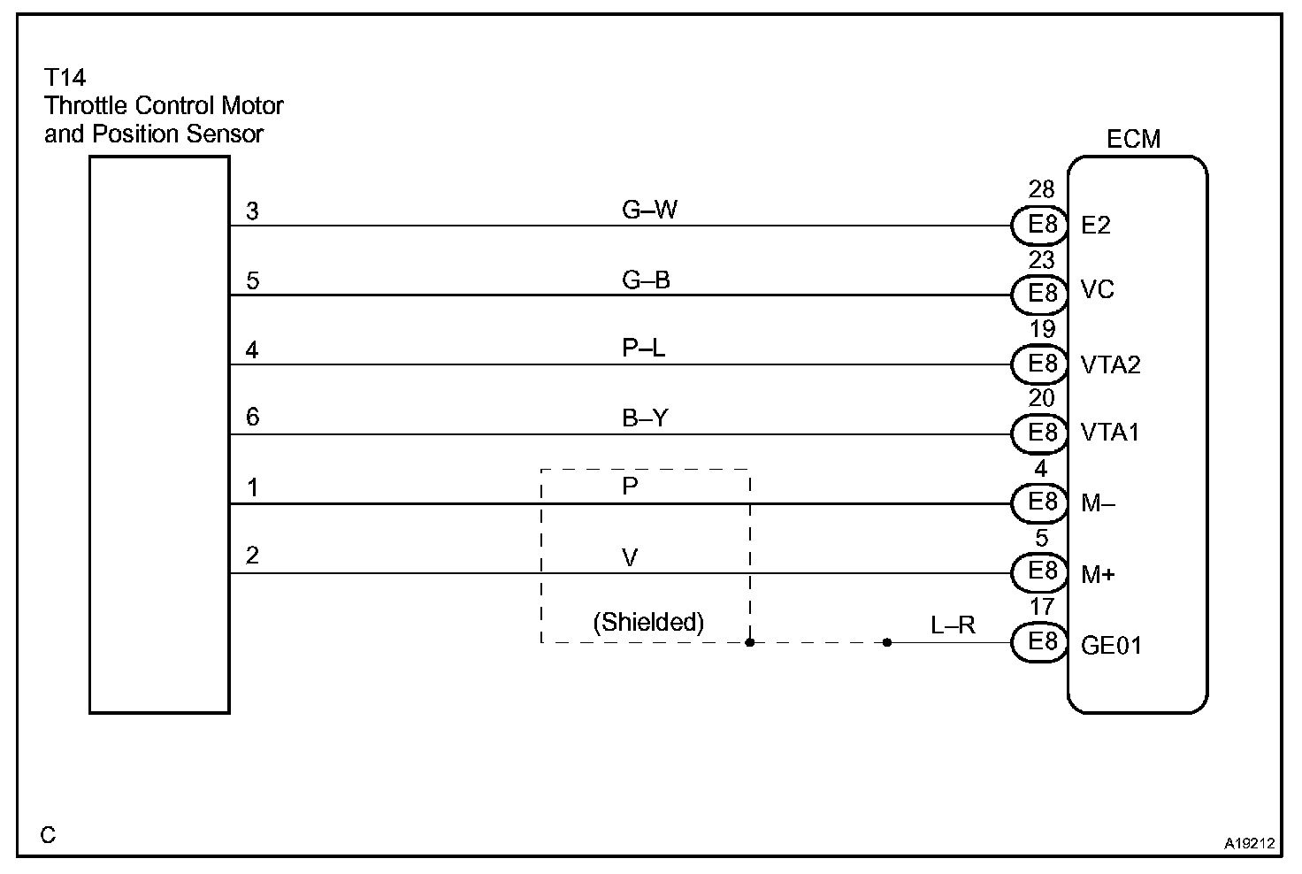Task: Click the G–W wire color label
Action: point(649,211)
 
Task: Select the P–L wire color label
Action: point(644,349)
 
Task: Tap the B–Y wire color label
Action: point(645,418)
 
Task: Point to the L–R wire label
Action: point(953,625)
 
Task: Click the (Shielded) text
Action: point(648,623)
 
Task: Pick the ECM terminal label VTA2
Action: point(1110,364)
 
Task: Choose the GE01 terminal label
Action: point(1111,645)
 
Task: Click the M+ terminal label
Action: point(1098,575)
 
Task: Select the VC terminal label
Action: point(1098,290)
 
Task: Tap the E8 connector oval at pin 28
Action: point(1040,225)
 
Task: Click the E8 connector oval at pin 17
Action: point(1040,642)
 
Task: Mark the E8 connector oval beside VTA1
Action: point(1040,433)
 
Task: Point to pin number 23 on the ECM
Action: point(1042,260)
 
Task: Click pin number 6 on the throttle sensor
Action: point(253,417)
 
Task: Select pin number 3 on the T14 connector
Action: point(253,211)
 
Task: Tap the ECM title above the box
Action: point(1133,139)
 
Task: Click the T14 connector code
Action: point(65,78)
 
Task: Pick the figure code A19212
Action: point(1249,844)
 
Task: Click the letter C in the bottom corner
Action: point(49,835)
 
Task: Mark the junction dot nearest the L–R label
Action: point(887,643)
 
